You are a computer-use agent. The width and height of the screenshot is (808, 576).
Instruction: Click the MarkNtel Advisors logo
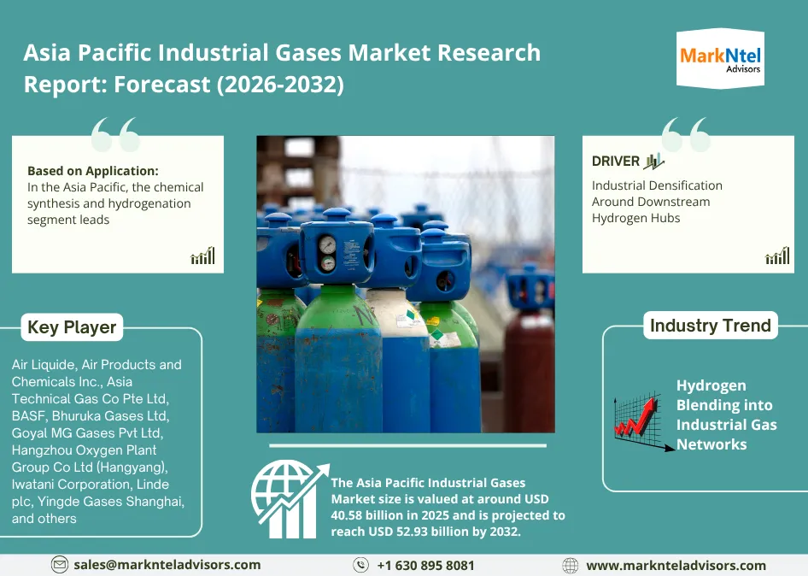coord(720,59)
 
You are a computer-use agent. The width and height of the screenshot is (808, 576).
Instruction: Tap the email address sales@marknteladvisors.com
coord(167,565)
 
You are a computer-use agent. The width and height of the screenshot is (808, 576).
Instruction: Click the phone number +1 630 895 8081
coord(425,566)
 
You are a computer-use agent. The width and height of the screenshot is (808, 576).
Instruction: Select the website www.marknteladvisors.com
coord(676,566)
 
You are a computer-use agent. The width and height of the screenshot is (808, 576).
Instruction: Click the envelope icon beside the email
coord(60,565)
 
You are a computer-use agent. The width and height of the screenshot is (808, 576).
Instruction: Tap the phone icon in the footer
coord(360,565)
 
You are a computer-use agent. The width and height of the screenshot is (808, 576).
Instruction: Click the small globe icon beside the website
coord(570,566)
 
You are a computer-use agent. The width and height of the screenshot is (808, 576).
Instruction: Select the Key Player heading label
coord(72,327)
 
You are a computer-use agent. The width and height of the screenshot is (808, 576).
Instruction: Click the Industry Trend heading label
coord(711,326)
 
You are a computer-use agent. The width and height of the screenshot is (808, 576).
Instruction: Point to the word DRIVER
coord(615,161)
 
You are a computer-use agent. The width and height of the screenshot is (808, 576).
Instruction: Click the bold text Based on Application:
coord(93,171)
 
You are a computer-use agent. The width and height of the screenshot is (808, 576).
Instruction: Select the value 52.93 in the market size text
coord(413,532)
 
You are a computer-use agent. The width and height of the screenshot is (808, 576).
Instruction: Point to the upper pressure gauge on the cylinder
coord(327,244)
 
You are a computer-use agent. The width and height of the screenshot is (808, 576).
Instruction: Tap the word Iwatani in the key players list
coord(34,485)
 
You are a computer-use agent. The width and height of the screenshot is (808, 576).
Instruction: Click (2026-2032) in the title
coord(280,84)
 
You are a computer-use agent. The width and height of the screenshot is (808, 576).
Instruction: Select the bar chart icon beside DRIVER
coord(654,162)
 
